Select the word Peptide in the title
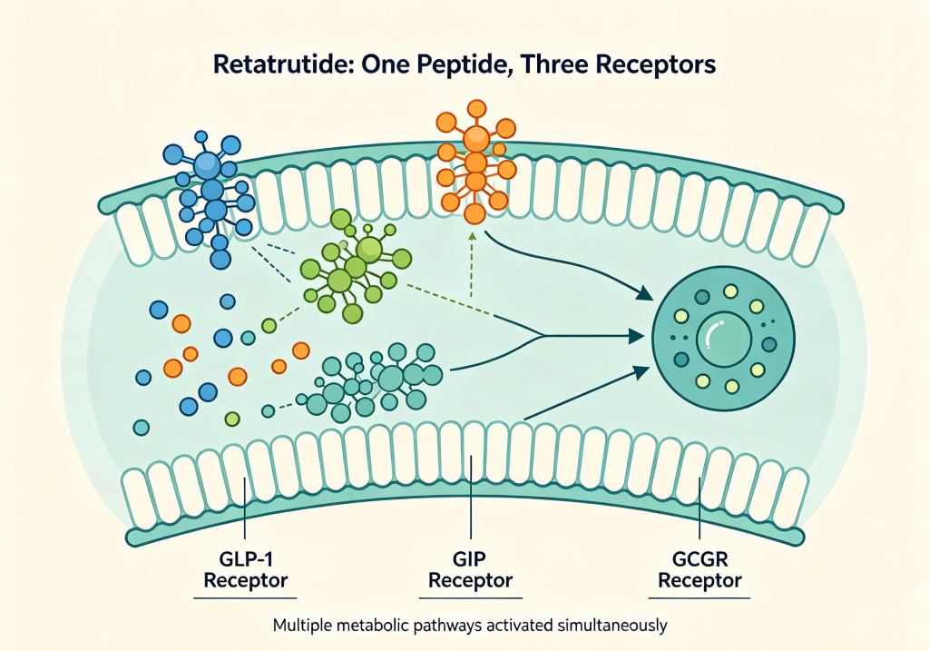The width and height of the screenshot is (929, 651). click(x=457, y=65)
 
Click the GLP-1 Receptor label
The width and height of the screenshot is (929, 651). click(x=245, y=569)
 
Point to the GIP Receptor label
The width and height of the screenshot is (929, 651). click(x=470, y=569)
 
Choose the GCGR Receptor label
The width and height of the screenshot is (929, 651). click(x=699, y=569)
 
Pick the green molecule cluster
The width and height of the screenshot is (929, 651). click(x=353, y=266)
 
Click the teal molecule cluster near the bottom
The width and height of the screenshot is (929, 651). click(x=372, y=381)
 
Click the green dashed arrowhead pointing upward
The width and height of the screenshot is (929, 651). click(x=472, y=237)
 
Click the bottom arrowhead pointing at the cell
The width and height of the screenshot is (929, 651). click(x=641, y=372)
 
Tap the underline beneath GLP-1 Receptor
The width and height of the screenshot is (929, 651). click(x=245, y=597)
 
